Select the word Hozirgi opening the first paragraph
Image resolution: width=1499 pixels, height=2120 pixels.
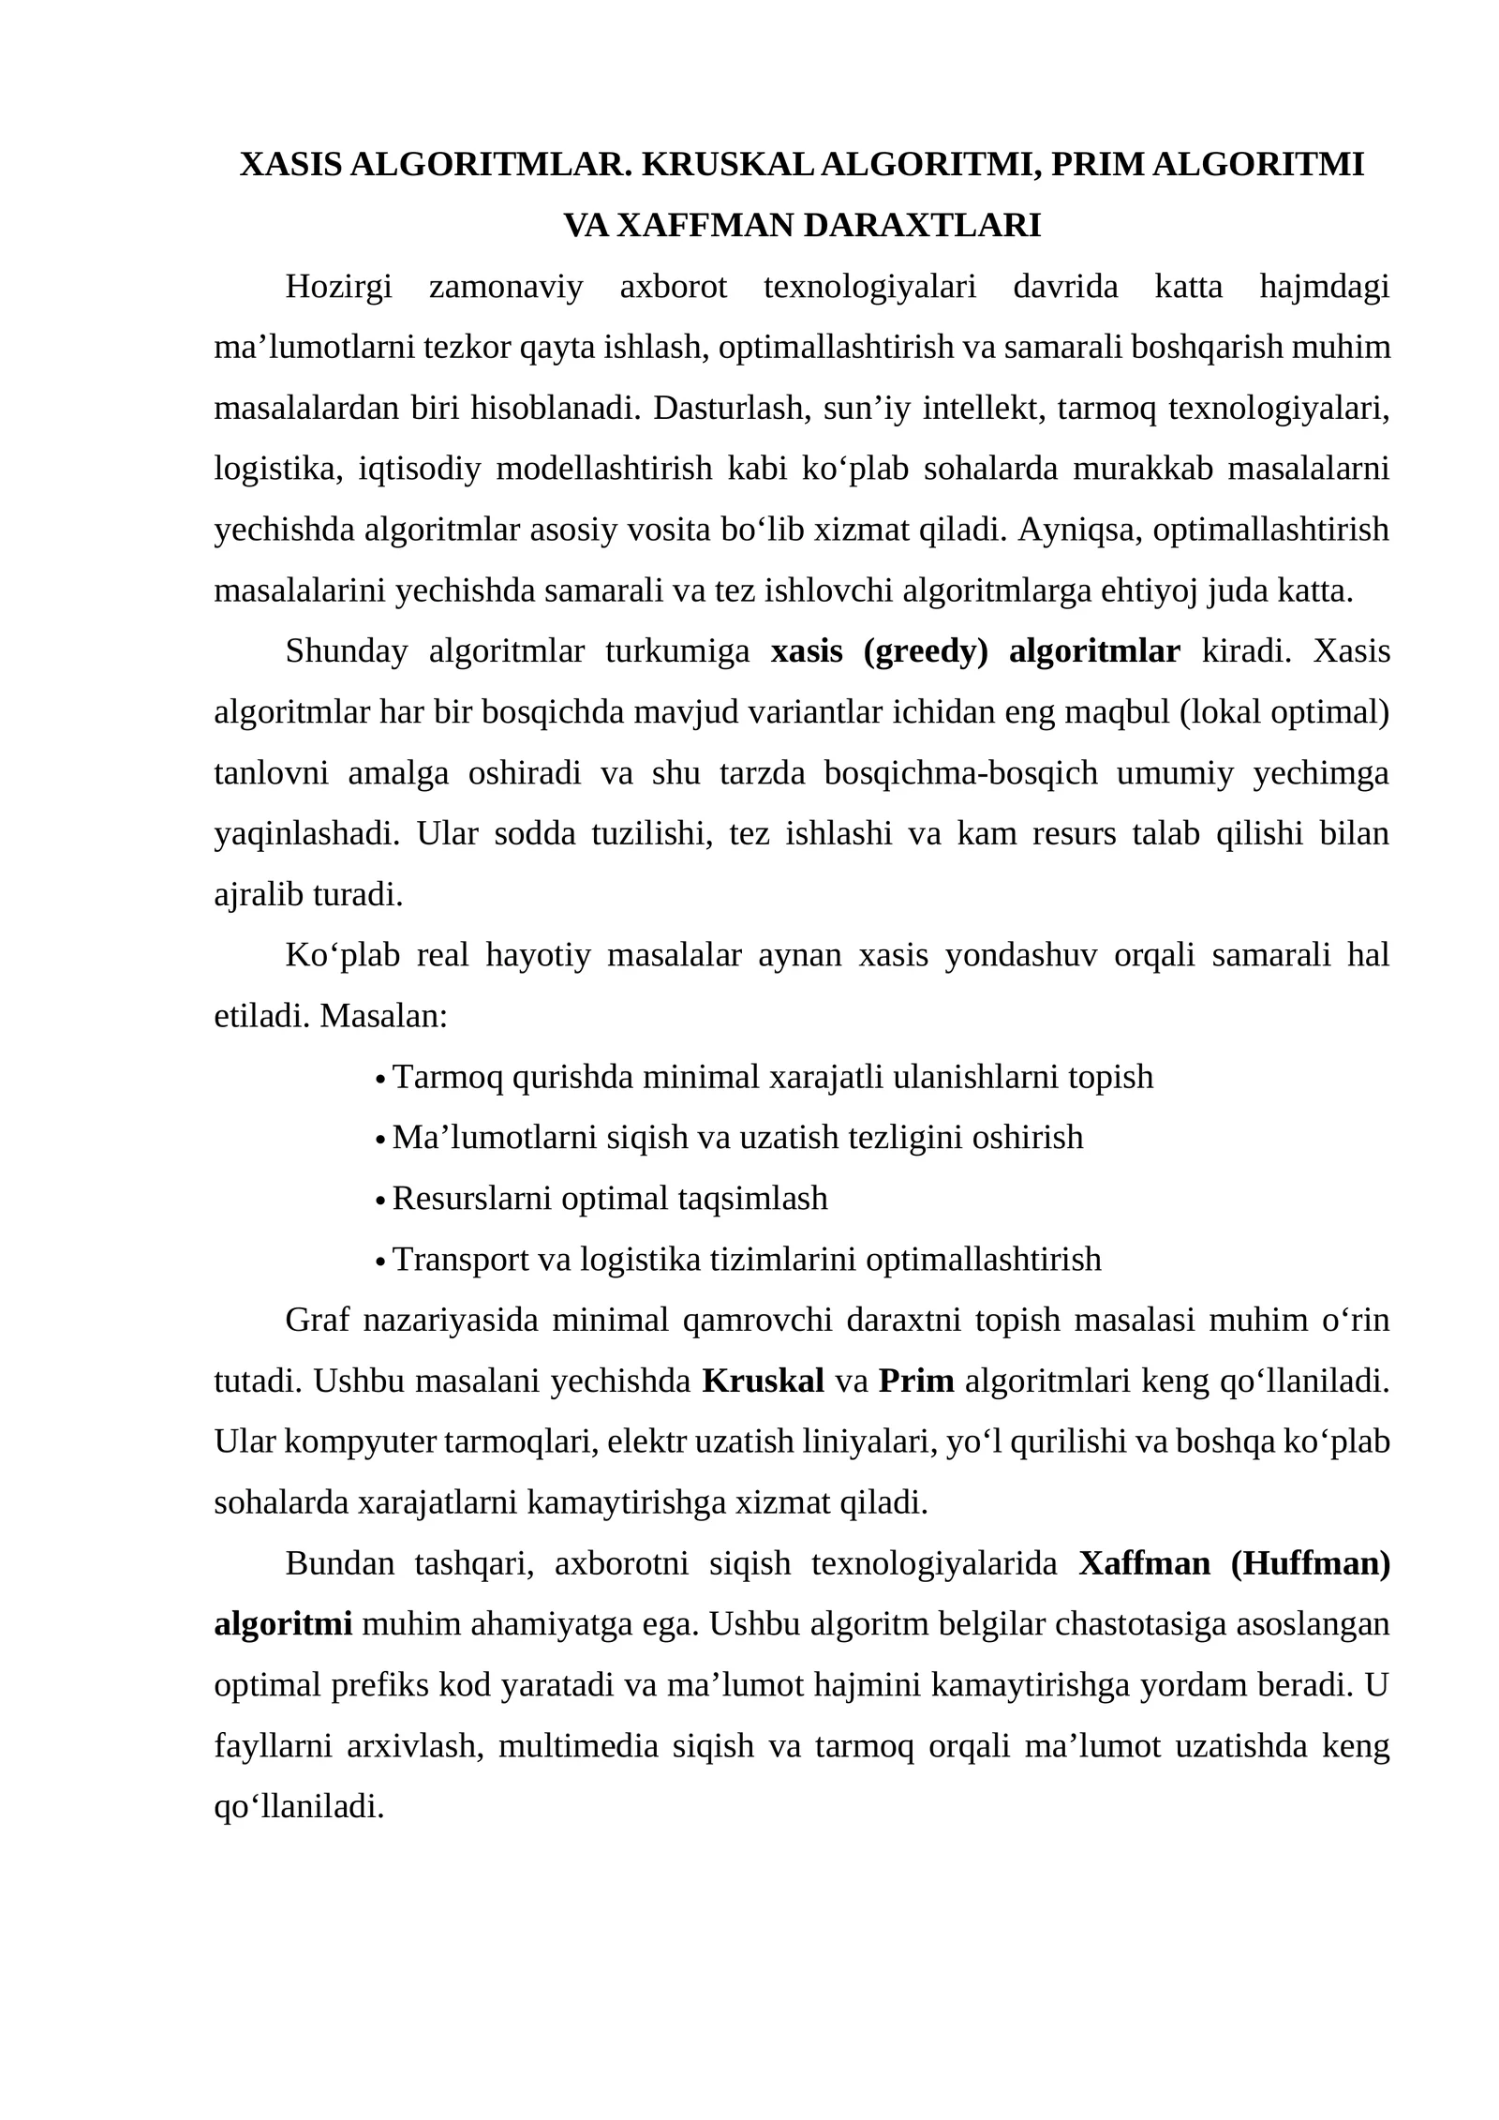coord(338,287)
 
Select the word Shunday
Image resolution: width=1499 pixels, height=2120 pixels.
coord(346,651)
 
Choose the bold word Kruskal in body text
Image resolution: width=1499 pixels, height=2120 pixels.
coord(763,1381)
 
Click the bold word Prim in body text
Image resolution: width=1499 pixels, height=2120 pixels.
coord(915,1381)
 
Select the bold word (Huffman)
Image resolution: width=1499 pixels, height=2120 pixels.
coord(1310,1564)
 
